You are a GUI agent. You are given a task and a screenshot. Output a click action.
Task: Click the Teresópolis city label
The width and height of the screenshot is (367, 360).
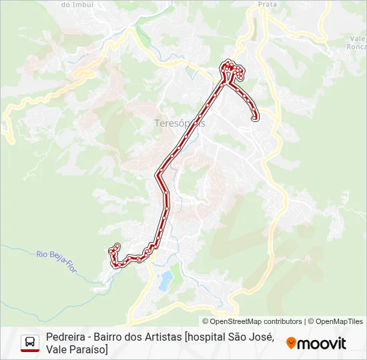click(x=179, y=123)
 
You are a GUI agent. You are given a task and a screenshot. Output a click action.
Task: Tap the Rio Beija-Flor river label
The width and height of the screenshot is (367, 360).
click(x=56, y=256)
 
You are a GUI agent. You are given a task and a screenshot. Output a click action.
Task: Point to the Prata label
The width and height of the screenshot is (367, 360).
click(x=268, y=4)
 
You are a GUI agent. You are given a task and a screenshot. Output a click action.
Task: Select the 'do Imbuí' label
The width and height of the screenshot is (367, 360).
click(x=76, y=4)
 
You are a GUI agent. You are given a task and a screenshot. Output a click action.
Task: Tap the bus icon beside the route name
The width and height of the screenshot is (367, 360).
click(x=30, y=341)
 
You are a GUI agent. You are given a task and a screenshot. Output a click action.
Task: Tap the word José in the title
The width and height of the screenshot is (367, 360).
click(x=260, y=337)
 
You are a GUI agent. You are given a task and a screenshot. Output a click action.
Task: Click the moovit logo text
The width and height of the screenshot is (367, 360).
click(x=322, y=343)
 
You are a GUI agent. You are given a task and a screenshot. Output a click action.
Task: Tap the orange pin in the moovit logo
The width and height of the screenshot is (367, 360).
click(x=291, y=343)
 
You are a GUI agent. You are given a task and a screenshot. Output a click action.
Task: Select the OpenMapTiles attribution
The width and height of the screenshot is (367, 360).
click(x=340, y=321)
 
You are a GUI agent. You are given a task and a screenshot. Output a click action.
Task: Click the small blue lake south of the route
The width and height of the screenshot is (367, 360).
click(x=165, y=279)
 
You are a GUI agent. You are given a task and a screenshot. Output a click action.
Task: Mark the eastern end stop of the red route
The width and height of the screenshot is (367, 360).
click(x=255, y=119)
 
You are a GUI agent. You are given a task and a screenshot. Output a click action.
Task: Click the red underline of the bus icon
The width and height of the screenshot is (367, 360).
click(x=30, y=350)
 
